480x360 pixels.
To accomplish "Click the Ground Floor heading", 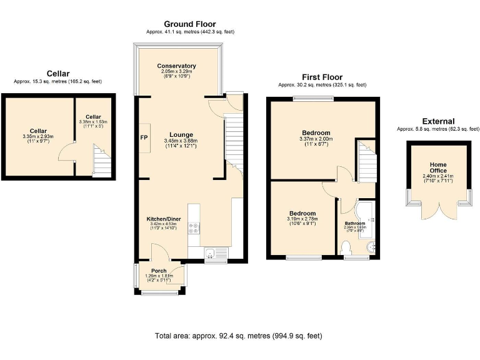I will (x=190, y=24).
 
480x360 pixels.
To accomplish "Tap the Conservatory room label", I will (x=177, y=66).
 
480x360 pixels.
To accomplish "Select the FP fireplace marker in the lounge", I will (x=144, y=137).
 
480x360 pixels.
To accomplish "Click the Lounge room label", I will (x=179, y=134).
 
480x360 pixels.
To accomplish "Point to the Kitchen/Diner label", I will (x=164, y=219).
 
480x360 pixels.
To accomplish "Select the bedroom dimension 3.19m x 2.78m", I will (x=302, y=219).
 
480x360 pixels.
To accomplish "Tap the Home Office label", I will (x=438, y=167).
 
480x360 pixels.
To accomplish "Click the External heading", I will (x=438, y=121).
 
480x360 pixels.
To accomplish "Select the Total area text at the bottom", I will (x=239, y=336).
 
